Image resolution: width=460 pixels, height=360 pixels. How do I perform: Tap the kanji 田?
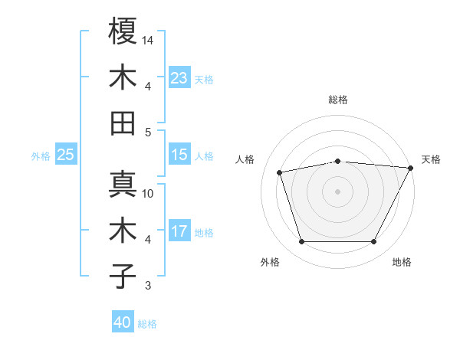tap(123, 123)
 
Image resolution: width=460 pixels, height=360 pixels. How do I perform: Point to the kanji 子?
tap(123, 276)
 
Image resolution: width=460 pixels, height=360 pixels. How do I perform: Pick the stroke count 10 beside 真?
tap(149, 193)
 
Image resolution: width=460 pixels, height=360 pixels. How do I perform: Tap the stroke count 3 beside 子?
tap(149, 286)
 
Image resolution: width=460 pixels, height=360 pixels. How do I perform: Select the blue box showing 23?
tap(179, 77)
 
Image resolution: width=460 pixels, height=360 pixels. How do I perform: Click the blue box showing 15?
tap(179, 155)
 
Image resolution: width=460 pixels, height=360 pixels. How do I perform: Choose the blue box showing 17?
tap(179, 231)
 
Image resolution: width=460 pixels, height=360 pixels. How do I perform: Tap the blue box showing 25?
tap(66, 155)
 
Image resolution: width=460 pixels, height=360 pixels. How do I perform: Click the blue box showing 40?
tap(123, 322)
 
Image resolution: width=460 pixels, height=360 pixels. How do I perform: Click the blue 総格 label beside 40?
tap(148, 324)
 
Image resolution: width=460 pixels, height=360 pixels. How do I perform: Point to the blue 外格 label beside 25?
tap(41, 156)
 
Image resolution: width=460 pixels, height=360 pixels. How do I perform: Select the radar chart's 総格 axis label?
tap(338, 100)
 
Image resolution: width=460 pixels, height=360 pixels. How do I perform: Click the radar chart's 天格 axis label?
tap(431, 159)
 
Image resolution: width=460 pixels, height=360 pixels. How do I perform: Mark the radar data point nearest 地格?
tap(374, 242)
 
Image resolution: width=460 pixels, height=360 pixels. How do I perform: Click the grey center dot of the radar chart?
tap(337, 191)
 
